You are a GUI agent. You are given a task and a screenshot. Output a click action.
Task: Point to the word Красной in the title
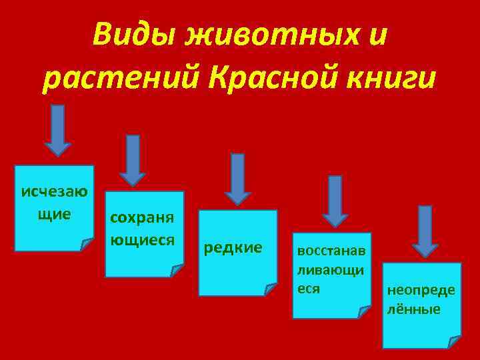(x=274, y=79)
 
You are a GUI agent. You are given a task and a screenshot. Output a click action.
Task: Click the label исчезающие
(x=54, y=203)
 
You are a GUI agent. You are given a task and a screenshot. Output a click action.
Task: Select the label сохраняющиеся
(x=141, y=228)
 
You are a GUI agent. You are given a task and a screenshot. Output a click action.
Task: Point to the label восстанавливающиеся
(x=330, y=271)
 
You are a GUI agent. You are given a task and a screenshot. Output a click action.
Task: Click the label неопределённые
(x=419, y=300)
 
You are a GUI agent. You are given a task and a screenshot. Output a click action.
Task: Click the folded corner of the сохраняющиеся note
(x=177, y=269)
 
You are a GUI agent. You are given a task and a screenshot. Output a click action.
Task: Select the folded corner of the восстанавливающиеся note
(x=365, y=311)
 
